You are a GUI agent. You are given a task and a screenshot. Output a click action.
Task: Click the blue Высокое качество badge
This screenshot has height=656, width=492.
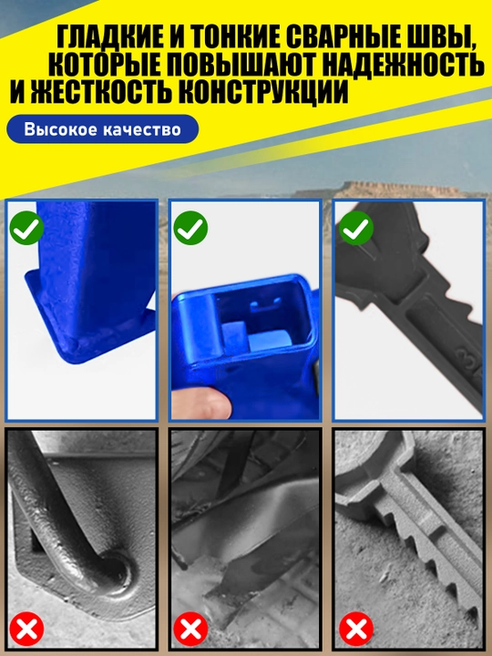tap(102, 128)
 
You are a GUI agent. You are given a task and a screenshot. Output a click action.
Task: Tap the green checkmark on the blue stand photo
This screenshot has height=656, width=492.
tap(26, 228)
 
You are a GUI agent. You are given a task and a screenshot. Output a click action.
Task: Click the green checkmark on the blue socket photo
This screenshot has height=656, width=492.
tap(190, 228)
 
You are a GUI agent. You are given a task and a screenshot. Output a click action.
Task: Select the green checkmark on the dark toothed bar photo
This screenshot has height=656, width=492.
tap(355, 228)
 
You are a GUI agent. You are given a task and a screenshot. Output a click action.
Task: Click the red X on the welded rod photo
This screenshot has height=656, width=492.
tap(26, 629)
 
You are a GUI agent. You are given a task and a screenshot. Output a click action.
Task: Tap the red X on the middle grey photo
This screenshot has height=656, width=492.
tap(190, 629)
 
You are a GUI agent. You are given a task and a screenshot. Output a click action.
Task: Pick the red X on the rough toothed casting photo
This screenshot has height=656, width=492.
tap(355, 629)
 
